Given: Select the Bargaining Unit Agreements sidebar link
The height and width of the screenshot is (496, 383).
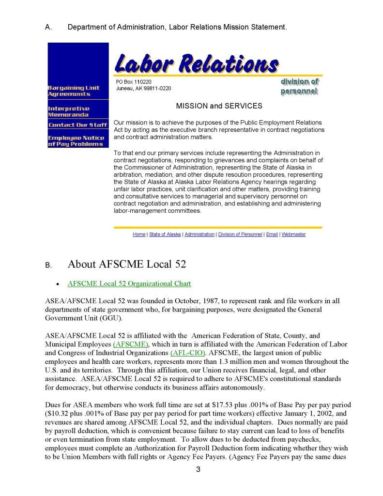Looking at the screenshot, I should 73,91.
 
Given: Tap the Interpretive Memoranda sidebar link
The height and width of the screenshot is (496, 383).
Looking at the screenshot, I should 68,111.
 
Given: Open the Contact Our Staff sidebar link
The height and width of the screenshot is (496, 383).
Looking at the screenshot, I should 77,125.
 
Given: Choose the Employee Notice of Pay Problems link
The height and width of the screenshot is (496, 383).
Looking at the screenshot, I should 76,140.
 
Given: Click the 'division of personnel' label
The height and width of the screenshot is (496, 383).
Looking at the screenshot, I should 299,87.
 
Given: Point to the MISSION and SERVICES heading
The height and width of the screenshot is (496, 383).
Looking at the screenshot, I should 219,106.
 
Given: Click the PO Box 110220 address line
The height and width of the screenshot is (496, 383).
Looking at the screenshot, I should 134,82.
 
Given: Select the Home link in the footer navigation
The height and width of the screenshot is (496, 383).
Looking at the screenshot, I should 138,234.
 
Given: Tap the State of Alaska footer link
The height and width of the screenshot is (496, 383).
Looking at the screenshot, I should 165,234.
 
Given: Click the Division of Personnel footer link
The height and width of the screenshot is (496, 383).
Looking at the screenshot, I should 241,234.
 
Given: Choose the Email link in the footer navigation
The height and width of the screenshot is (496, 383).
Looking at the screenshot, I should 272,234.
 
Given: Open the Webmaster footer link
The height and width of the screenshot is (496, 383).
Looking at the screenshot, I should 293,234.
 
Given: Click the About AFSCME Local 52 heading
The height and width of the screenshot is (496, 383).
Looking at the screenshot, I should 127,264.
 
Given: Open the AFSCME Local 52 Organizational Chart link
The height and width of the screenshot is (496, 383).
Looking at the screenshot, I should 129,284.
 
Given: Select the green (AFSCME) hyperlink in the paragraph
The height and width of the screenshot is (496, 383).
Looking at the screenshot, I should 130,344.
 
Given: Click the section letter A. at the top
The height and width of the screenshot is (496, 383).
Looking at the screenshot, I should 48,28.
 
